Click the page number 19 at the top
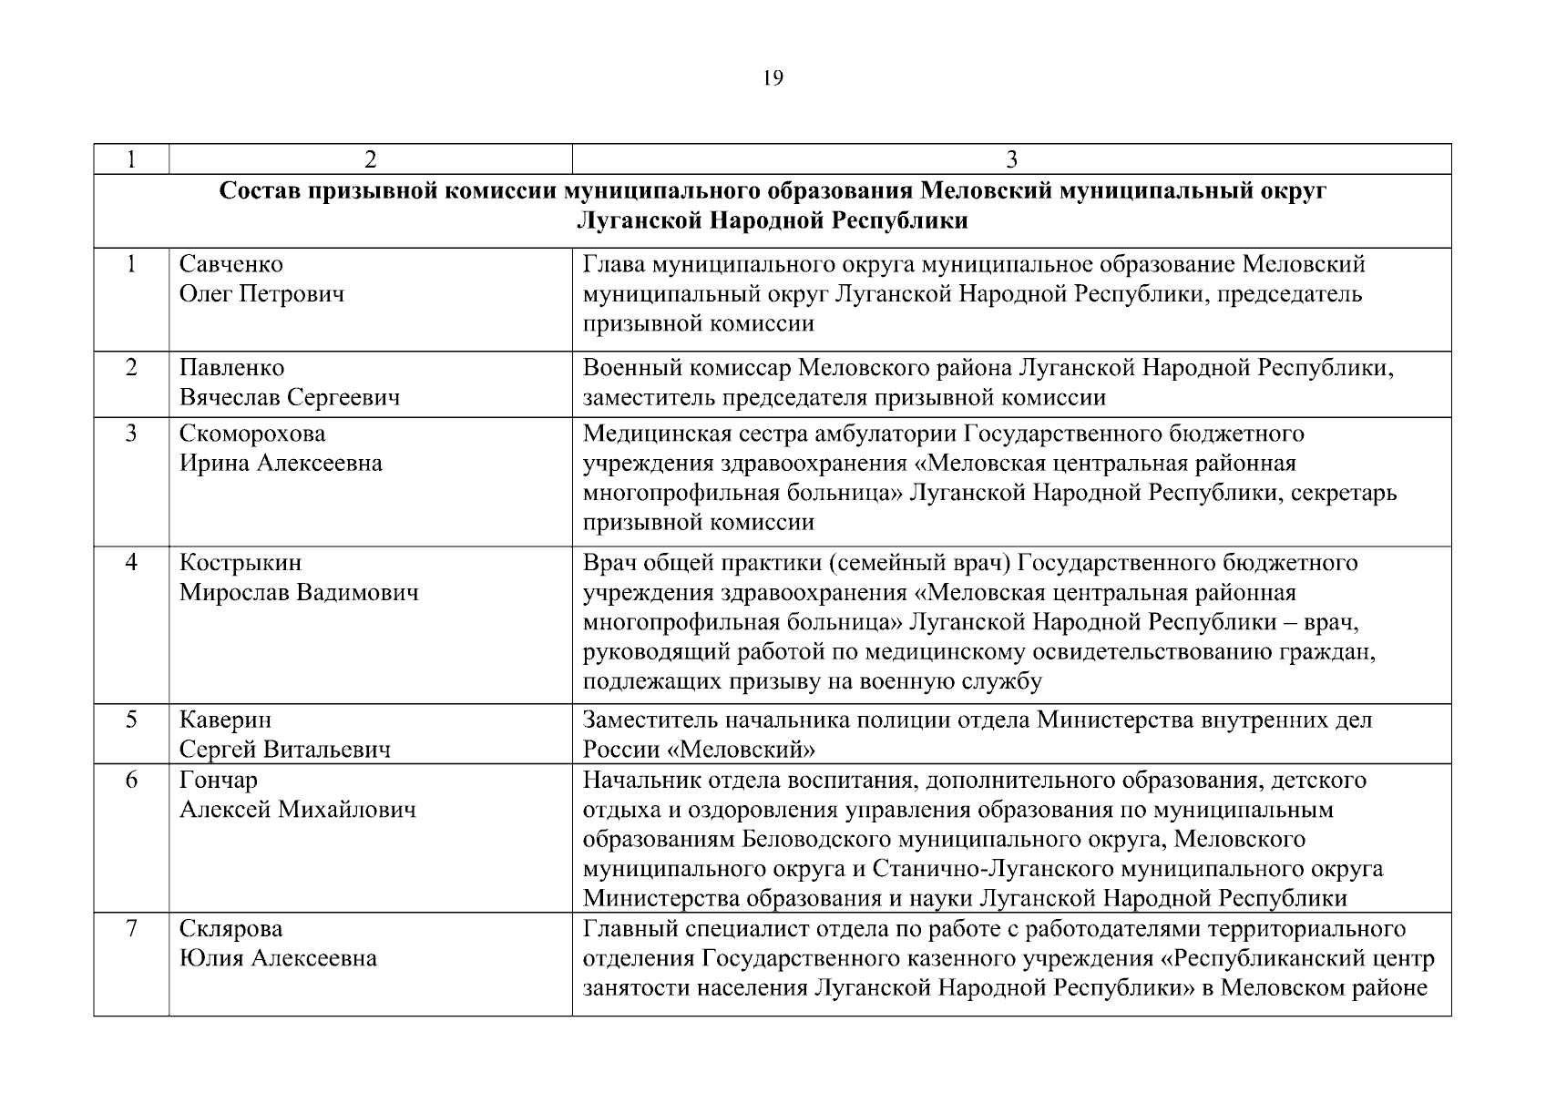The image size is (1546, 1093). click(772, 78)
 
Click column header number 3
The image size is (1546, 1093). click(1011, 159)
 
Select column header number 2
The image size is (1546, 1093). click(370, 159)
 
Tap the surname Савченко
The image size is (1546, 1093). click(231, 264)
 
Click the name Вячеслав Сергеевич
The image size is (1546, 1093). click(290, 398)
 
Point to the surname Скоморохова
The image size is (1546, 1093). click(252, 434)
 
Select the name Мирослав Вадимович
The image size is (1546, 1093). click(299, 593)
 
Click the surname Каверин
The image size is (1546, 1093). click(225, 720)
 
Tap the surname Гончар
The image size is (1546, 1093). click(219, 781)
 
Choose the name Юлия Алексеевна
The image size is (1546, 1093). click(278, 959)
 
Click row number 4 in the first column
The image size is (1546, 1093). click(131, 563)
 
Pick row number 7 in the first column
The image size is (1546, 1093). click(131, 929)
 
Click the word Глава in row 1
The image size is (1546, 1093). click(612, 264)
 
